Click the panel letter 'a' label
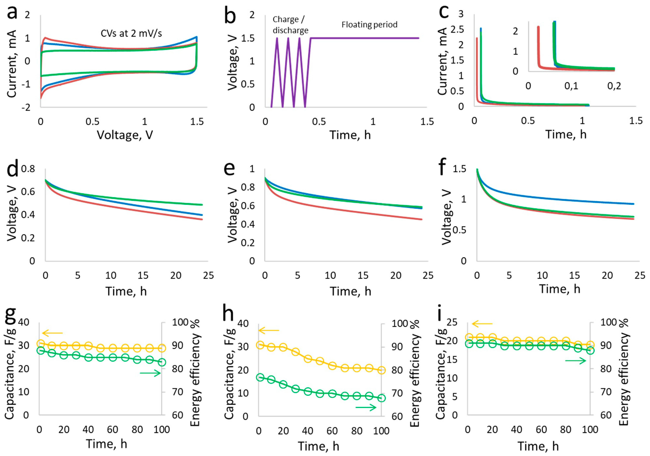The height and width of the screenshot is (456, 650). pyautogui.click(x=12, y=13)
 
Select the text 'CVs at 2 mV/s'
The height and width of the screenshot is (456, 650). pyautogui.click(x=131, y=33)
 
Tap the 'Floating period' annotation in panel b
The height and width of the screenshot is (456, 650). pyautogui.click(x=369, y=25)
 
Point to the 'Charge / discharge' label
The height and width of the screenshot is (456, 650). pyautogui.click(x=290, y=25)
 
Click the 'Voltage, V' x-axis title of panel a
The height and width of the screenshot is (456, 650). pyautogui.click(x=125, y=135)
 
